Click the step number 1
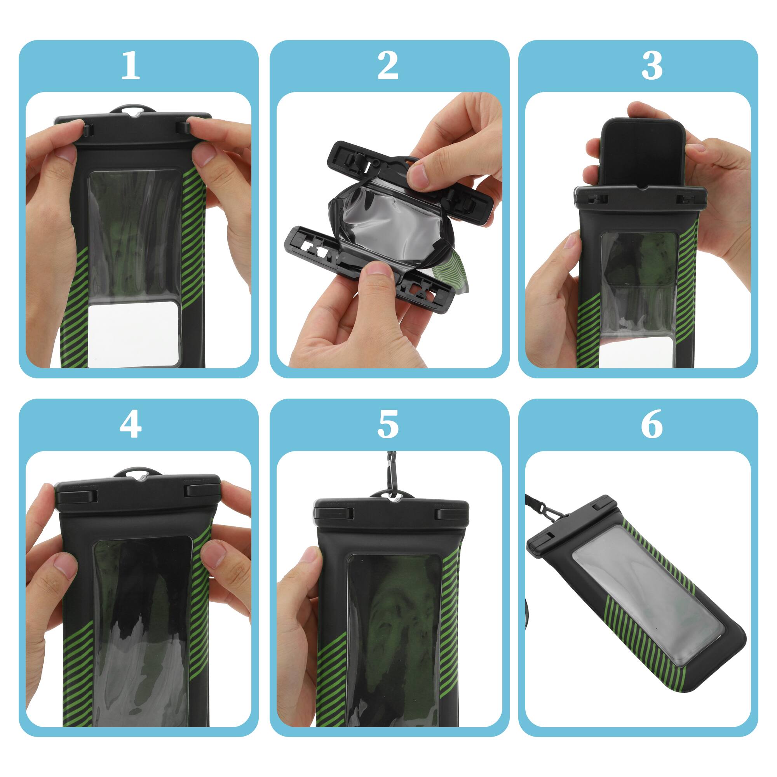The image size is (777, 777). (130, 66)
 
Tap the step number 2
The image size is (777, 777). (388, 66)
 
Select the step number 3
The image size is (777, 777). (652, 66)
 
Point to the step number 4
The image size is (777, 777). (130, 425)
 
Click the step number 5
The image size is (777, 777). (388, 425)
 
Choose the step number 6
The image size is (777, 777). (652, 425)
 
